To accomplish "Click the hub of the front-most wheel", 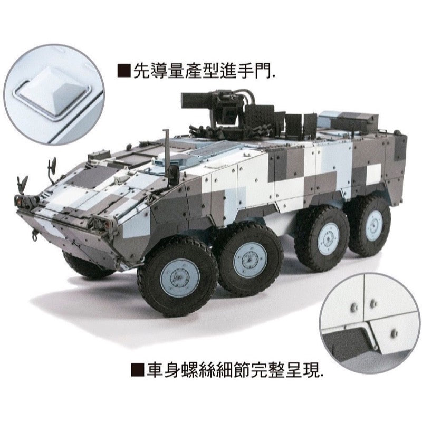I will coord(180,277).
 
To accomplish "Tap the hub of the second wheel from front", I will coord(250,258).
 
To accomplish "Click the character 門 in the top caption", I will coord(264,71).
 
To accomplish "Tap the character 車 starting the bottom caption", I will coord(152,371).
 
